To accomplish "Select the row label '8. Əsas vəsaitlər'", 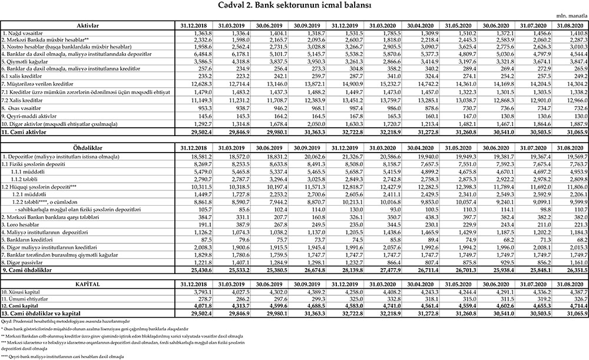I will [24, 109].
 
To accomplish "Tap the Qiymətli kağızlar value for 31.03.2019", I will [237, 61].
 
